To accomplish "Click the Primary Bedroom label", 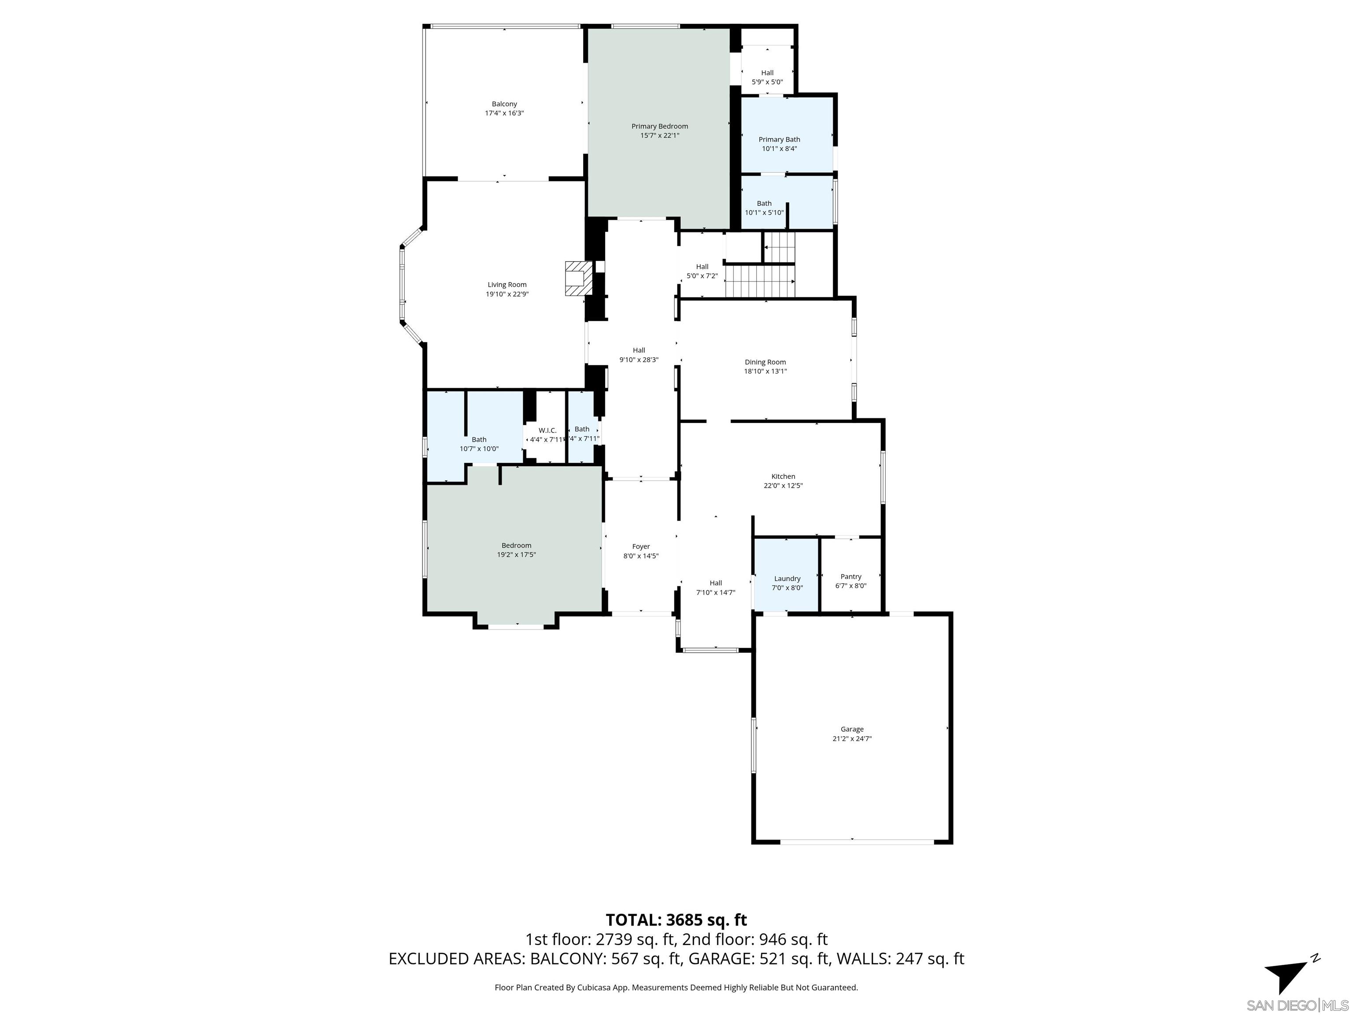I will [x=659, y=126].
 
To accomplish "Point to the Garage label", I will [x=851, y=729].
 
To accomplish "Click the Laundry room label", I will [x=787, y=579].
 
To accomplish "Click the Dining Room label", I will [x=765, y=362].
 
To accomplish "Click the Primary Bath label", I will [x=779, y=140].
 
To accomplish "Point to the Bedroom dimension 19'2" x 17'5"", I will [x=516, y=555].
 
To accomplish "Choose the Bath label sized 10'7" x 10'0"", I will [x=479, y=440].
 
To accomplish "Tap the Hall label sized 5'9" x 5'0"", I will [x=767, y=73].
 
